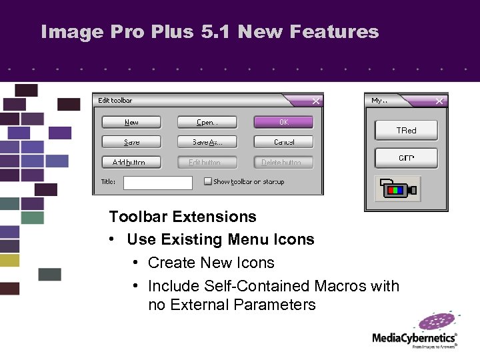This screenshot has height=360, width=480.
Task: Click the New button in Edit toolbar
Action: coord(131,122)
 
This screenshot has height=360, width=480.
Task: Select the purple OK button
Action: coord(283,122)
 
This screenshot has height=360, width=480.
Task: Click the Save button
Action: coord(131,142)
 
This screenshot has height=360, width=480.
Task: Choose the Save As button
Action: coord(207,142)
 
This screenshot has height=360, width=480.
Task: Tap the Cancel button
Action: coord(283,142)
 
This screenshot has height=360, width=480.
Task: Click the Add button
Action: coord(131,162)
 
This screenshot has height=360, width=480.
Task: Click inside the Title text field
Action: coord(157,182)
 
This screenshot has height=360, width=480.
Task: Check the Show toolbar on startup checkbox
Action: coord(208,181)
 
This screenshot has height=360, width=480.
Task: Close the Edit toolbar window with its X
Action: coord(316,101)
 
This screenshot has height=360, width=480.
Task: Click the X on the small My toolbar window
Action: coord(439,101)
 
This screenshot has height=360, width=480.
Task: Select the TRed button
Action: coord(406,131)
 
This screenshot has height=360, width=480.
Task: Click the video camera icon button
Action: coord(398,189)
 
